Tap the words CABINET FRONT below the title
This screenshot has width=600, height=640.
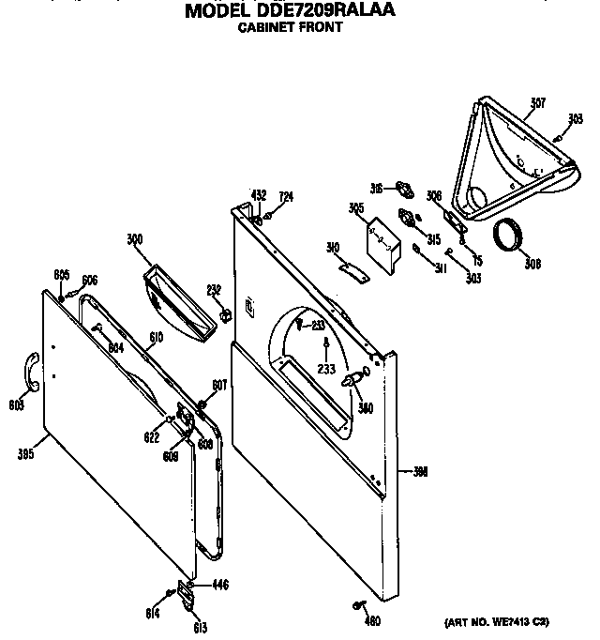tap(288, 28)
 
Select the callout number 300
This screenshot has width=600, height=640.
tap(135, 240)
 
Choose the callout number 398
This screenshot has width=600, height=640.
tap(419, 472)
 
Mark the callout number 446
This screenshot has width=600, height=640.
tap(220, 585)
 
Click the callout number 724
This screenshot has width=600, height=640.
tap(287, 196)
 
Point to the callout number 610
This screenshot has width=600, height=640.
tap(157, 336)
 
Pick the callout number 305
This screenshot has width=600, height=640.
tap(356, 208)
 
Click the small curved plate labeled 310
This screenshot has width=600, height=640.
tap(349, 269)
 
